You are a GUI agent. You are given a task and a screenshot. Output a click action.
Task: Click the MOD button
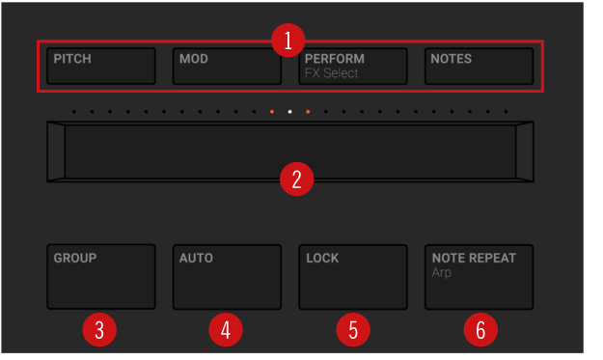pos(227,66)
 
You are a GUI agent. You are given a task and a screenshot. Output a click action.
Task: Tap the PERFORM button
pos(353,66)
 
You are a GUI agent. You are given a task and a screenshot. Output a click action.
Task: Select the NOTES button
pos(479,66)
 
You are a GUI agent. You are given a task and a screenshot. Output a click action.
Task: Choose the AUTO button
pos(227,277)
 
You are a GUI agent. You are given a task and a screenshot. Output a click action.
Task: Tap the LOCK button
pos(353,277)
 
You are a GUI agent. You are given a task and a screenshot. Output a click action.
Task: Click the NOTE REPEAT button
pos(479,277)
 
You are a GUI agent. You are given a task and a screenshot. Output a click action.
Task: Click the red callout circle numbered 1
pos(288,41)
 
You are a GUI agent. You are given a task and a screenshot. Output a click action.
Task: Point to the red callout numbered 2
pos(296,179)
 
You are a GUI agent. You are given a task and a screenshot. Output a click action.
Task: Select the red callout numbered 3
pos(99,330)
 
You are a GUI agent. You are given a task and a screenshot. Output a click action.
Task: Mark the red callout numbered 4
pos(226,330)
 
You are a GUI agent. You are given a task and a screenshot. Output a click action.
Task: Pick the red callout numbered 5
pos(353,330)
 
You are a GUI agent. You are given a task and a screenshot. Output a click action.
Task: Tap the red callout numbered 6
pos(480,330)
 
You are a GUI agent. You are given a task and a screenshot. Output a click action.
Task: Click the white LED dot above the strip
pos(290,112)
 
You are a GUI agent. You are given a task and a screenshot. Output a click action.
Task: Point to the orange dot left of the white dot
pos(272,112)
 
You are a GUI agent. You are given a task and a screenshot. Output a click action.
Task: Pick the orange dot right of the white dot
pos(308,112)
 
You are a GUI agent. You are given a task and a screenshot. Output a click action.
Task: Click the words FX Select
pos(331,72)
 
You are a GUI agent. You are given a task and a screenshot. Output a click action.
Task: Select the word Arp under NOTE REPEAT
pos(441,273)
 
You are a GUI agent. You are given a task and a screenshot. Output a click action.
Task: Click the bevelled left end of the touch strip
pos(56,152)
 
